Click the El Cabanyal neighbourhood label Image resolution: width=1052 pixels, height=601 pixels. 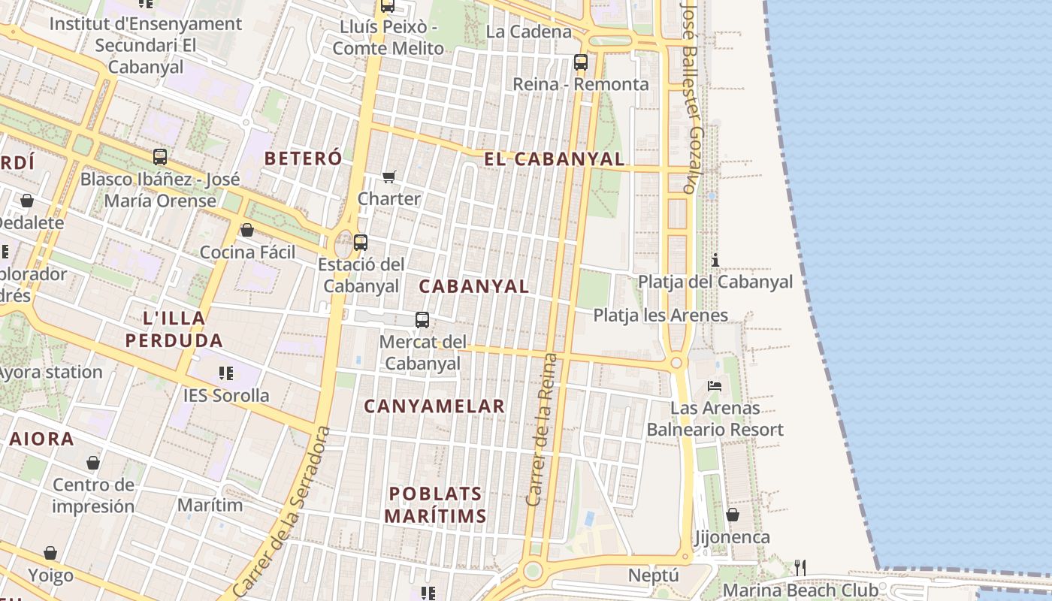point(554,159)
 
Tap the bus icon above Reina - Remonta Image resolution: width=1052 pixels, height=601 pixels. point(580,62)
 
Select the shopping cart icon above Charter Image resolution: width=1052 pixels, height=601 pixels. point(388,177)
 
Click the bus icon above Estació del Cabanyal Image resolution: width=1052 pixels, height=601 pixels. point(361,243)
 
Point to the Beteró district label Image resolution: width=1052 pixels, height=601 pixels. point(303,159)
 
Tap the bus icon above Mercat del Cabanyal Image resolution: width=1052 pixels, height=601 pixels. point(422,320)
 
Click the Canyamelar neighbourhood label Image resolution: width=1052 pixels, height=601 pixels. point(434,406)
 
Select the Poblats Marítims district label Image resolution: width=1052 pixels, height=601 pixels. point(436,505)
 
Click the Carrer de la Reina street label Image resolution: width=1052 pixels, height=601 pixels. point(542,429)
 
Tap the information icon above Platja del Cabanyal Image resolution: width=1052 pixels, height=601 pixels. point(715,261)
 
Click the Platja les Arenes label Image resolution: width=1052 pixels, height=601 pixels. point(661,315)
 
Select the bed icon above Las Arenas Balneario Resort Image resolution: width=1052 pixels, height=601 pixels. point(715,386)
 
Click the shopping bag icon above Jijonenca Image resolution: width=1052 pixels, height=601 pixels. point(732,515)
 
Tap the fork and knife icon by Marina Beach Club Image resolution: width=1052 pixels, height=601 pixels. point(800,567)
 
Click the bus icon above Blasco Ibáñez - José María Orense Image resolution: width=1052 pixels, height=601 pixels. point(160,157)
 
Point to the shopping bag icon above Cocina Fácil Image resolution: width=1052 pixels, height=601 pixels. point(247,230)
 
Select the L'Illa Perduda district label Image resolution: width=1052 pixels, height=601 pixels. point(174,329)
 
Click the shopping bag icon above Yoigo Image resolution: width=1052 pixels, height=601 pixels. point(50,553)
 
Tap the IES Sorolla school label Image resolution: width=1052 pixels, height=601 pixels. point(226,395)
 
